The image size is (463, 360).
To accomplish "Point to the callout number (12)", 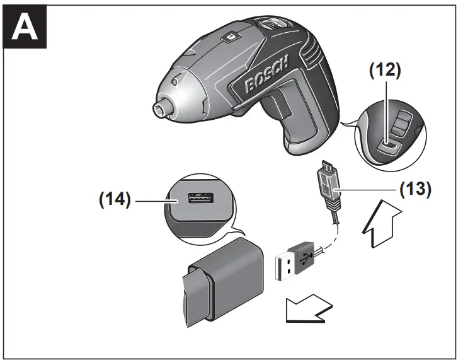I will (384, 70).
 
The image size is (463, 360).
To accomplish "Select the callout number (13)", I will (414, 189).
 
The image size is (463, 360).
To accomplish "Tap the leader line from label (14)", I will (154, 200).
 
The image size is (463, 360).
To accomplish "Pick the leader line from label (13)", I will (372, 189).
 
